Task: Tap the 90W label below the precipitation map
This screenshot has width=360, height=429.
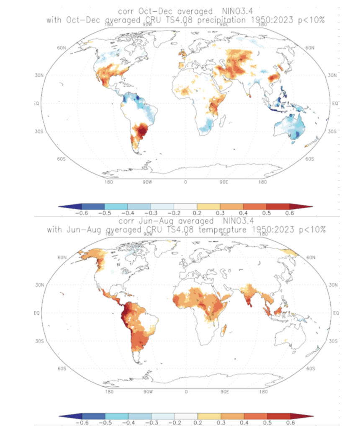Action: click(x=147, y=182)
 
